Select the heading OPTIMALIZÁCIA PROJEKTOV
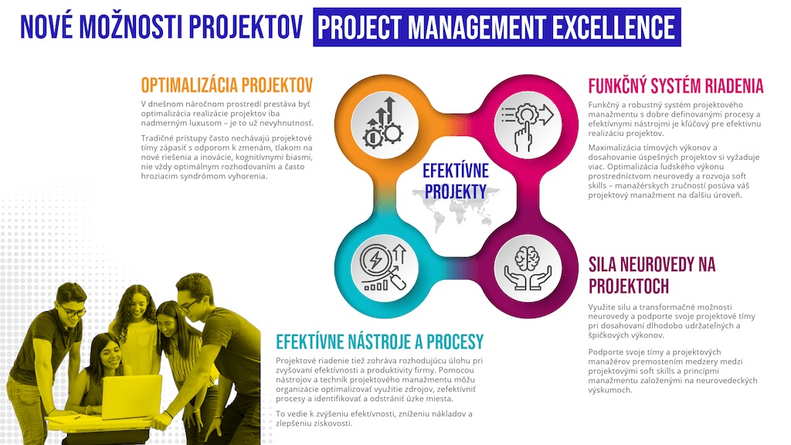227,85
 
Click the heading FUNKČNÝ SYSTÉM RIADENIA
675,87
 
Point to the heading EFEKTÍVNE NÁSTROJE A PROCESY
379,341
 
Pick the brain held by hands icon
528,268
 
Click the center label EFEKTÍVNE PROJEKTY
456,181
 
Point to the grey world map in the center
457,208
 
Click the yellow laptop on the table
131,397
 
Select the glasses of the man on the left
73,311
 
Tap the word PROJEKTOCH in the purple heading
629,287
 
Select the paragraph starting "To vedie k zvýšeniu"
374,418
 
